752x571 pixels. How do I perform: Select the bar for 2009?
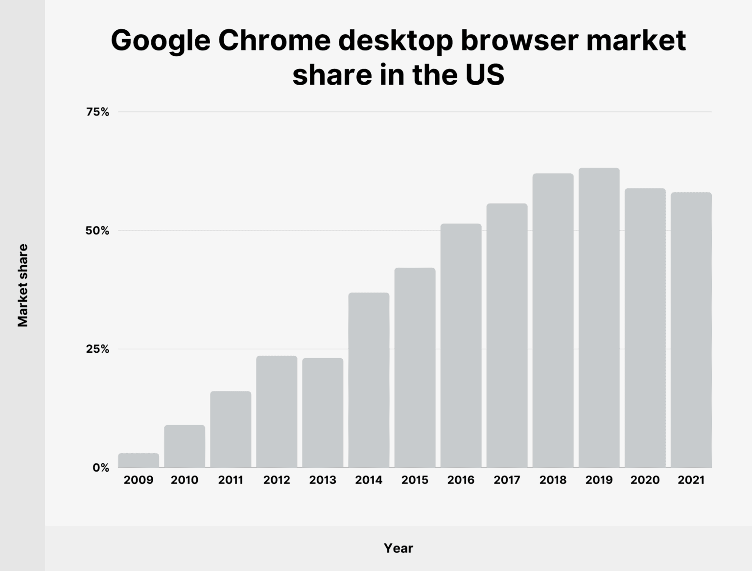tap(139, 460)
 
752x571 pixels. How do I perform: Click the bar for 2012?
tap(277, 411)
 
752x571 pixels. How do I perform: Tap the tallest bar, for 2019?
tap(599, 318)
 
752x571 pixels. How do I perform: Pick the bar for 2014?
tap(369, 380)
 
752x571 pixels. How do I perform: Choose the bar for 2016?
tap(461, 345)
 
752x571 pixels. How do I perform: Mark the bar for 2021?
tap(691, 330)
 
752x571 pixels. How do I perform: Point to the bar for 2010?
tap(185, 446)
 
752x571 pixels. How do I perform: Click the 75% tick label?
tap(97, 112)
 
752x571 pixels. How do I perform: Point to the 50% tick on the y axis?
tap(97, 230)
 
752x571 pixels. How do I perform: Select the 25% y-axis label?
tap(97, 349)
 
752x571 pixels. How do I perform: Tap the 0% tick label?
tap(101, 468)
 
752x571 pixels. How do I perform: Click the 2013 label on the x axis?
tap(323, 480)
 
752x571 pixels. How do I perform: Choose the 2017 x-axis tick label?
tap(507, 480)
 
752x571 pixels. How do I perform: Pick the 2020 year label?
tap(645, 480)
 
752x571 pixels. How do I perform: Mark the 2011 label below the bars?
tap(231, 480)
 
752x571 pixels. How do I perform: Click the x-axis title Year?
tap(398, 548)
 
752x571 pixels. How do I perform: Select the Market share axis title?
tap(23, 286)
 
